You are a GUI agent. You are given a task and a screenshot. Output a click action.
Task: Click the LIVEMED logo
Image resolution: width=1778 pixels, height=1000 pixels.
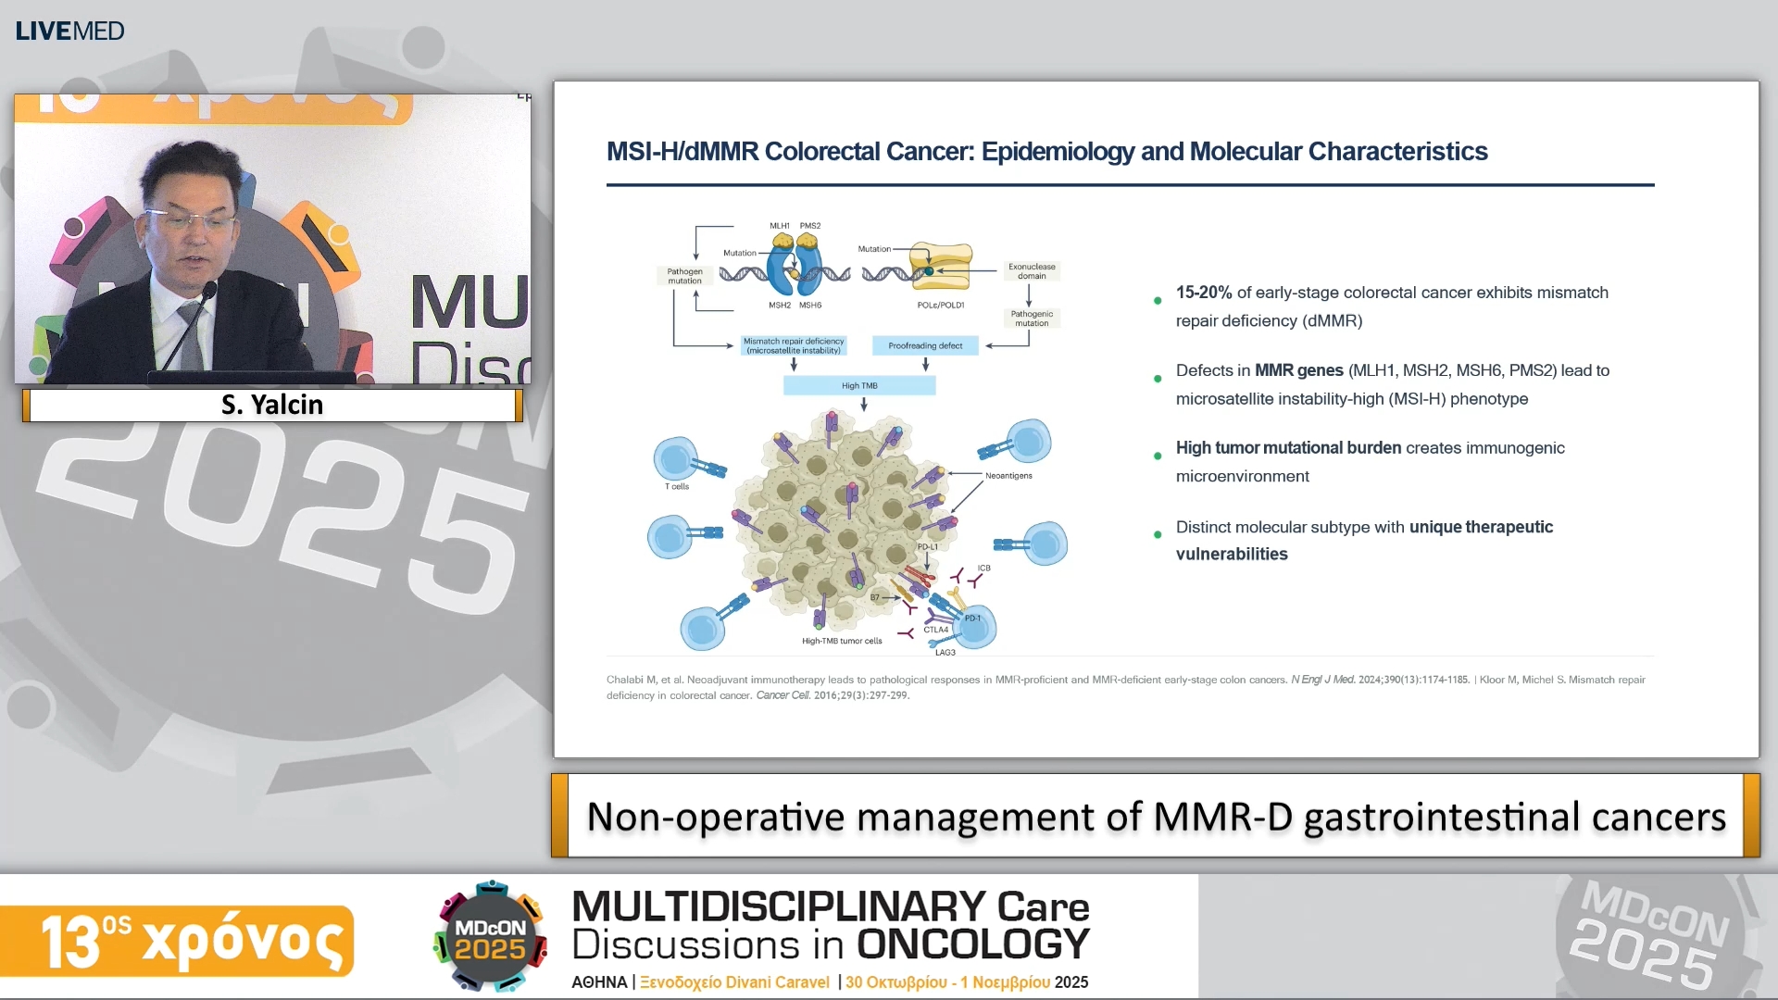[x=69, y=31]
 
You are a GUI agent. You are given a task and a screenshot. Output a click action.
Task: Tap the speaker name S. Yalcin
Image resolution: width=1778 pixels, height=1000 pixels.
[x=272, y=405]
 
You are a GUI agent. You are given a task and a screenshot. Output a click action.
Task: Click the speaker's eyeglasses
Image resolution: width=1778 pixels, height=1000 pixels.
[x=190, y=221]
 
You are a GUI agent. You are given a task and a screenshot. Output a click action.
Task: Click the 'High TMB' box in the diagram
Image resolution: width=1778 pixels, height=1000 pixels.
[x=859, y=386]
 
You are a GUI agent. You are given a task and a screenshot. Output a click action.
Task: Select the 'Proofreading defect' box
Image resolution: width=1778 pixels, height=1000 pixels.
[x=925, y=345]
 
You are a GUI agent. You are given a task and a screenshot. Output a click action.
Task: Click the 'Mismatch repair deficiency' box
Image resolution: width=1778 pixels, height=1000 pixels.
[x=794, y=345]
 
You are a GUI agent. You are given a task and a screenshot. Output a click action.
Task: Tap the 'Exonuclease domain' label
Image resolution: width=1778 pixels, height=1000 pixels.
[x=1032, y=270]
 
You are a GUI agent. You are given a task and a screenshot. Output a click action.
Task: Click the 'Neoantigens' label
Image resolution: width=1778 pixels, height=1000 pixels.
[x=1008, y=476]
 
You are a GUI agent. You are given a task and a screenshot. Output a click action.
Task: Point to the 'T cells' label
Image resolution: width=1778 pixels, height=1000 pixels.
[x=677, y=486]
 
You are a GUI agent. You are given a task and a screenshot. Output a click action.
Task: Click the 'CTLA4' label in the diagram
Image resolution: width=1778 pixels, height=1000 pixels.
[x=935, y=630]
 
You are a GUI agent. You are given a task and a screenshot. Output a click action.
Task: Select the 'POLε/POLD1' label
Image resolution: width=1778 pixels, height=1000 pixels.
[x=941, y=305]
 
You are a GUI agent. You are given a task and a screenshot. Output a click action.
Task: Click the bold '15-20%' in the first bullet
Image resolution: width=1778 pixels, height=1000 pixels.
[x=1203, y=293]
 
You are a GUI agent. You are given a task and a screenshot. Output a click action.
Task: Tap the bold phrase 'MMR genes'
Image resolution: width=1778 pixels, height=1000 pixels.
[x=1298, y=370]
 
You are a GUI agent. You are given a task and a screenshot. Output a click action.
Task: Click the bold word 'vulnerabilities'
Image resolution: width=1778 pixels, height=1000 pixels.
[x=1232, y=555]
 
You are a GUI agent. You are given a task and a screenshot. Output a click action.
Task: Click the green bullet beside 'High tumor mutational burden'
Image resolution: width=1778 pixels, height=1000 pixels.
[x=1158, y=456]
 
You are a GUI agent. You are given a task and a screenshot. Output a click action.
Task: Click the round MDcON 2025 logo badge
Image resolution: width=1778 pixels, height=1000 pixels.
[x=490, y=937]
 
